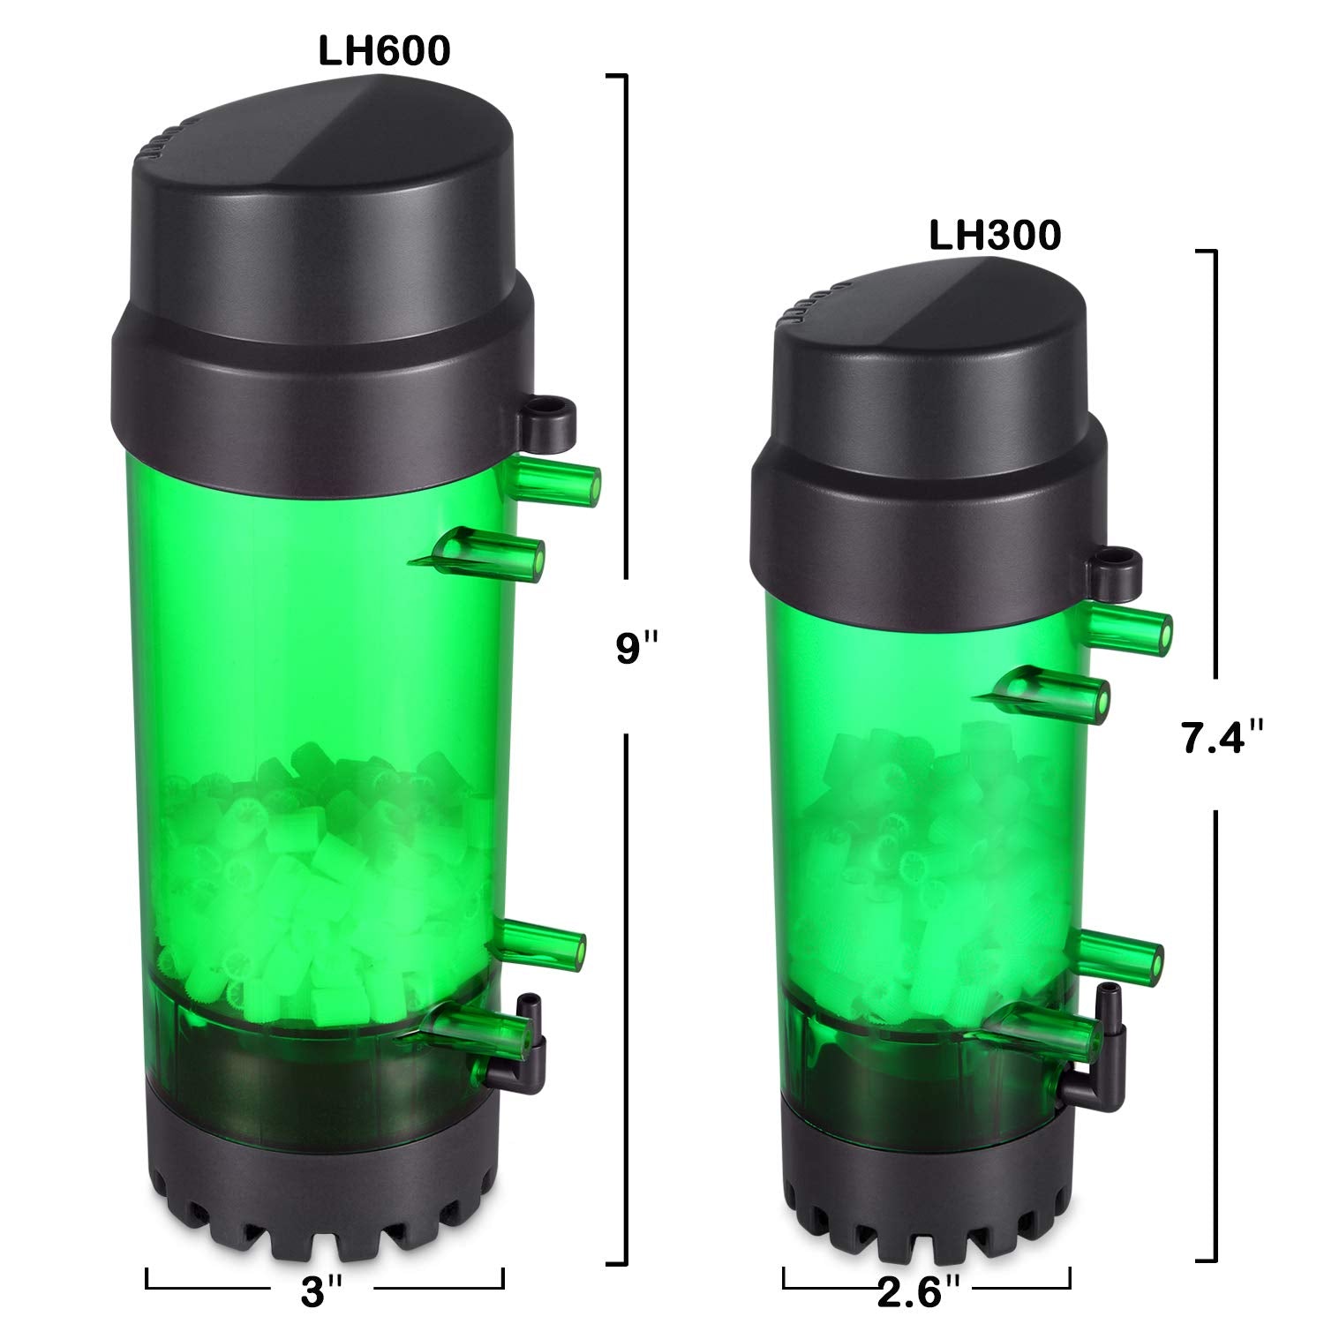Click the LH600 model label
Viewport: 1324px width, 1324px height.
click(384, 52)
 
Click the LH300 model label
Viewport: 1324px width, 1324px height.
click(995, 237)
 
